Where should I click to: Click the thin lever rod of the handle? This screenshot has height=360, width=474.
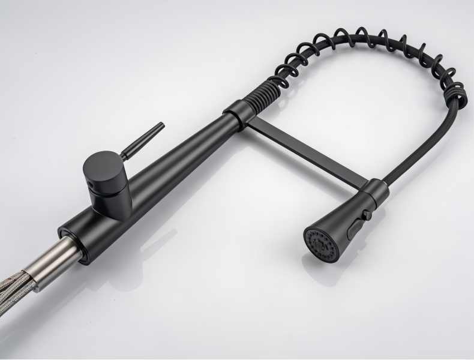click(143, 139)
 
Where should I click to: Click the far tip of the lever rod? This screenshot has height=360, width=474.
click(161, 125)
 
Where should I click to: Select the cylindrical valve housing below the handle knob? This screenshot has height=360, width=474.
click(111, 195)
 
